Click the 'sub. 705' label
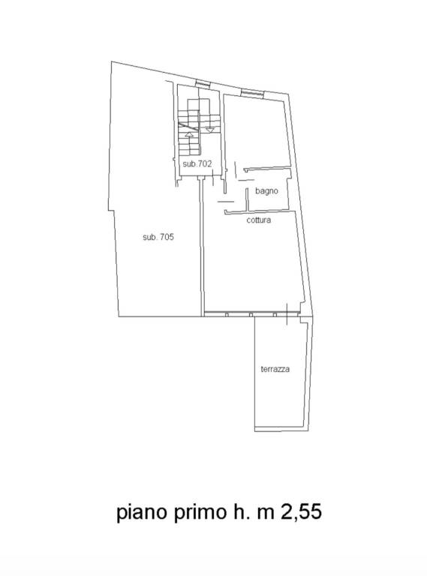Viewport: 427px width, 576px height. (158, 237)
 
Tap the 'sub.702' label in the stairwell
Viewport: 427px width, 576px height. (197, 163)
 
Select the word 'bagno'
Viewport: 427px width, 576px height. (266, 191)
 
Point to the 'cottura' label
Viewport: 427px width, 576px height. (259, 220)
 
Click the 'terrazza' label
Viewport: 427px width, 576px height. (275, 369)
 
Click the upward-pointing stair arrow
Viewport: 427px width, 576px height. (189, 134)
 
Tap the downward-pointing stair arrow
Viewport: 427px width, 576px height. (209, 130)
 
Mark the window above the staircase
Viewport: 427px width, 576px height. (203, 84)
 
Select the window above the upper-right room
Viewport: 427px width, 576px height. (252, 93)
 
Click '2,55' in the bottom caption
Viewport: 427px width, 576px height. (302, 511)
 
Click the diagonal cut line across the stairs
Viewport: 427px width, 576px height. (188, 127)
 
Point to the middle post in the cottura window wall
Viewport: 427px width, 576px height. (251, 314)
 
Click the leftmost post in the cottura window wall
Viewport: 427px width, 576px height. (227, 314)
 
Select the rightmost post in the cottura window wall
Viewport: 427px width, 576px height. (275, 314)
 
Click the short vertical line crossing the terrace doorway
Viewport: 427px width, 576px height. (287, 314)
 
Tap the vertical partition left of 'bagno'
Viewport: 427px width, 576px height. (248, 199)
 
